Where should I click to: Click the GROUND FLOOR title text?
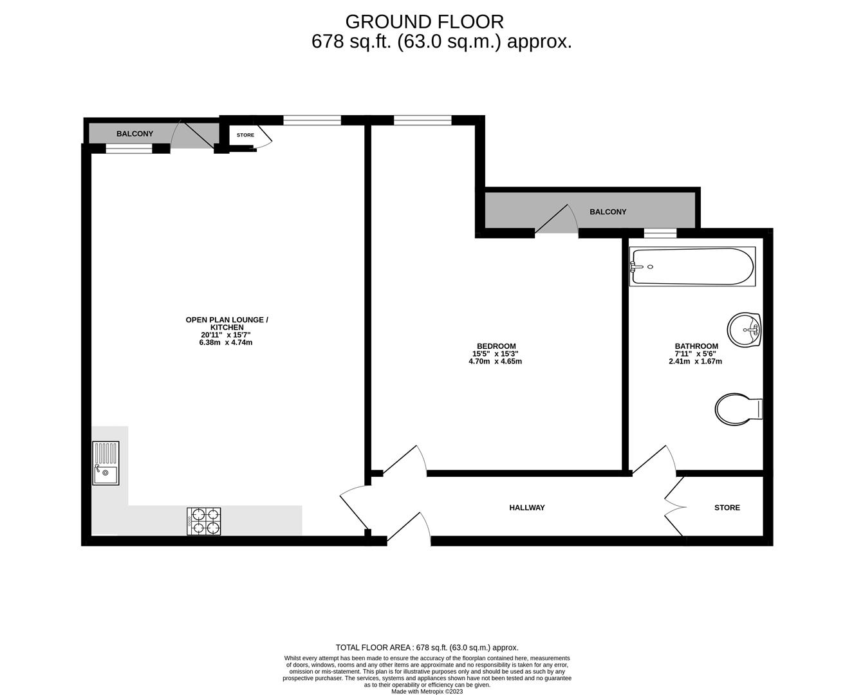click(x=424, y=22)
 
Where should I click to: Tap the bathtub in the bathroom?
click(x=692, y=266)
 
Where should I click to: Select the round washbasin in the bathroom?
click(x=745, y=329)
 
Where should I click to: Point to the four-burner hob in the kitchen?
click(x=204, y=521)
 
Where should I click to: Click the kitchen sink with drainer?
click(x=106, y=463)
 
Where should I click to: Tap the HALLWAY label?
click(x=526, y=508)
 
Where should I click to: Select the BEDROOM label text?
click(x=496, y=346)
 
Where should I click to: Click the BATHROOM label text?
click(x=696, y=346)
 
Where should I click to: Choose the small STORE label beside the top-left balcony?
click(x=245, y=135)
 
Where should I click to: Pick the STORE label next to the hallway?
click(x=727, y=508)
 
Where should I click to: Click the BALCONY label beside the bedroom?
click(x=608, y=212)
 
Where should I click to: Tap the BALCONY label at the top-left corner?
click(x=135, y=134)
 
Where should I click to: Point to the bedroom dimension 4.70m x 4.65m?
click(x=495, y=361)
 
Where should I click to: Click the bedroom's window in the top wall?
click(x=422, y=120)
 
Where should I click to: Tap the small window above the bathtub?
click(x=660, y=233)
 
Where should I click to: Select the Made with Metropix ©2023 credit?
click(x=427, y=691)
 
